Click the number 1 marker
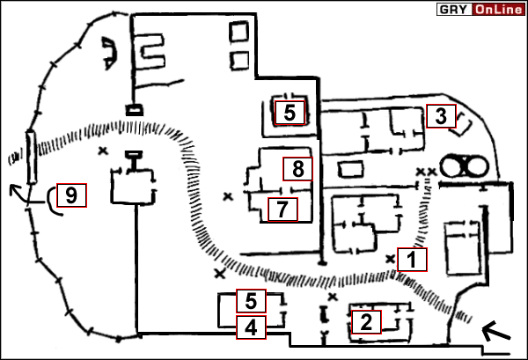point(412,259)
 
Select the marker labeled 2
point(365,321)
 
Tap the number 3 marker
point(441,114)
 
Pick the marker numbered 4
point(252,328)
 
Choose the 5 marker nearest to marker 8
point(290,113)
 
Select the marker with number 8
point(297,168)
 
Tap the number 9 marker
point(72,195)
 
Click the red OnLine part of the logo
point(498,10)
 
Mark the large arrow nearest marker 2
point(497,332)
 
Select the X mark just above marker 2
point(333,283)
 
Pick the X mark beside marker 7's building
point(229,195)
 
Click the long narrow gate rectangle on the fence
point(31,157)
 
